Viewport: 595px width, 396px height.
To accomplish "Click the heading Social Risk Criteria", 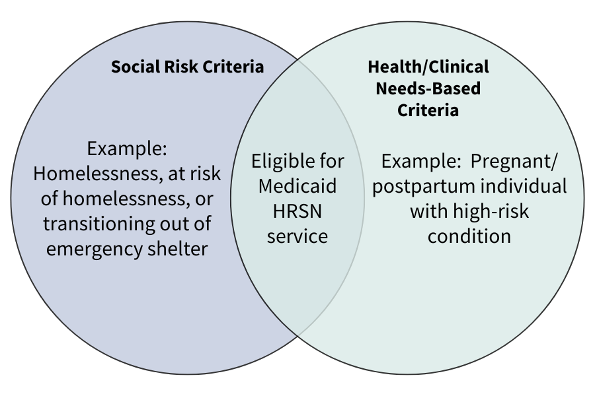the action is (x=188, y=67).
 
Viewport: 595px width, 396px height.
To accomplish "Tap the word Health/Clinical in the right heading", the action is (x=428, y=67).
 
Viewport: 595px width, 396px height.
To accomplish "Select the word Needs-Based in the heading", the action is (x=428, y=88).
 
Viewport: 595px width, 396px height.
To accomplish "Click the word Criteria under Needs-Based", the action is (x=428, y=110).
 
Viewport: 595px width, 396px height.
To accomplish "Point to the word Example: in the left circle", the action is (x=127, y=148).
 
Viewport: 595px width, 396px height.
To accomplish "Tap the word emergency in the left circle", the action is (x=94, y=249).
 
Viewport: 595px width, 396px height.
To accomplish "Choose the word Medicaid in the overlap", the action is (x=297, y=186).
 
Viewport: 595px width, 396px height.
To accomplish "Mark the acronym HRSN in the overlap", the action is (x=297, y=211).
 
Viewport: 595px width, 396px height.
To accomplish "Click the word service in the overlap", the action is (x=297, y=236).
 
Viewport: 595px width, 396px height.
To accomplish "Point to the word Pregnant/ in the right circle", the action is (x=514, y=162).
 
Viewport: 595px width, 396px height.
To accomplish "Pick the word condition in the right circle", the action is (x=469, y=236).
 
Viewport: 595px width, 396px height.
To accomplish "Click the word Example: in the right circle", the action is (x=421, y=162).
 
